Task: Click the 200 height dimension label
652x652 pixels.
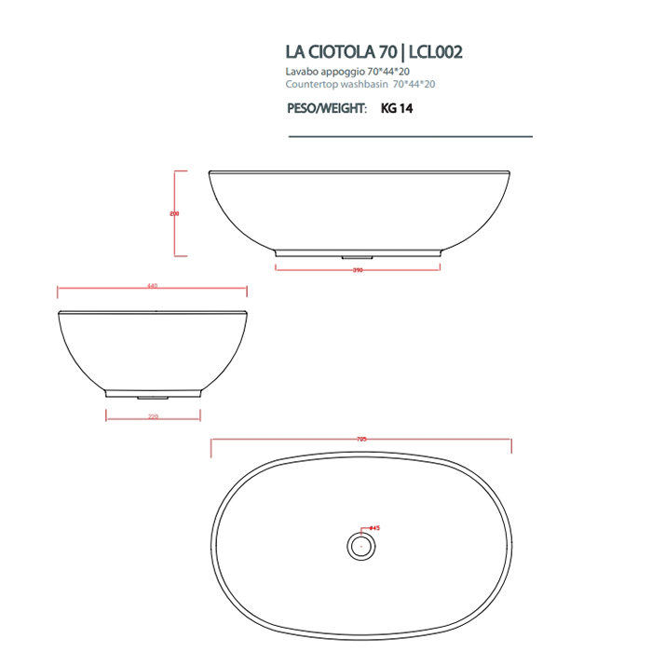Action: [174, 213]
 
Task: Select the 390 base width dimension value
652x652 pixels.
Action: [357, 270]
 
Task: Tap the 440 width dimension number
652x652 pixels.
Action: [152, 287]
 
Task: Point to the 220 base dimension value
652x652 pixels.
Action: [153, 416]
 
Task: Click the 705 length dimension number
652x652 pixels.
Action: [361, 440]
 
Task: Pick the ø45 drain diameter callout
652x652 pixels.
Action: [374, 528]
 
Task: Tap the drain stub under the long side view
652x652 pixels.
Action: [358, 255]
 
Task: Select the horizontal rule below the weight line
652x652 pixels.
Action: [410, 136]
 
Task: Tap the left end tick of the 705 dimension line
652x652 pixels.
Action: [211, 445]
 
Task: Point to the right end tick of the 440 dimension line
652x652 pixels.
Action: [247, 291]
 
